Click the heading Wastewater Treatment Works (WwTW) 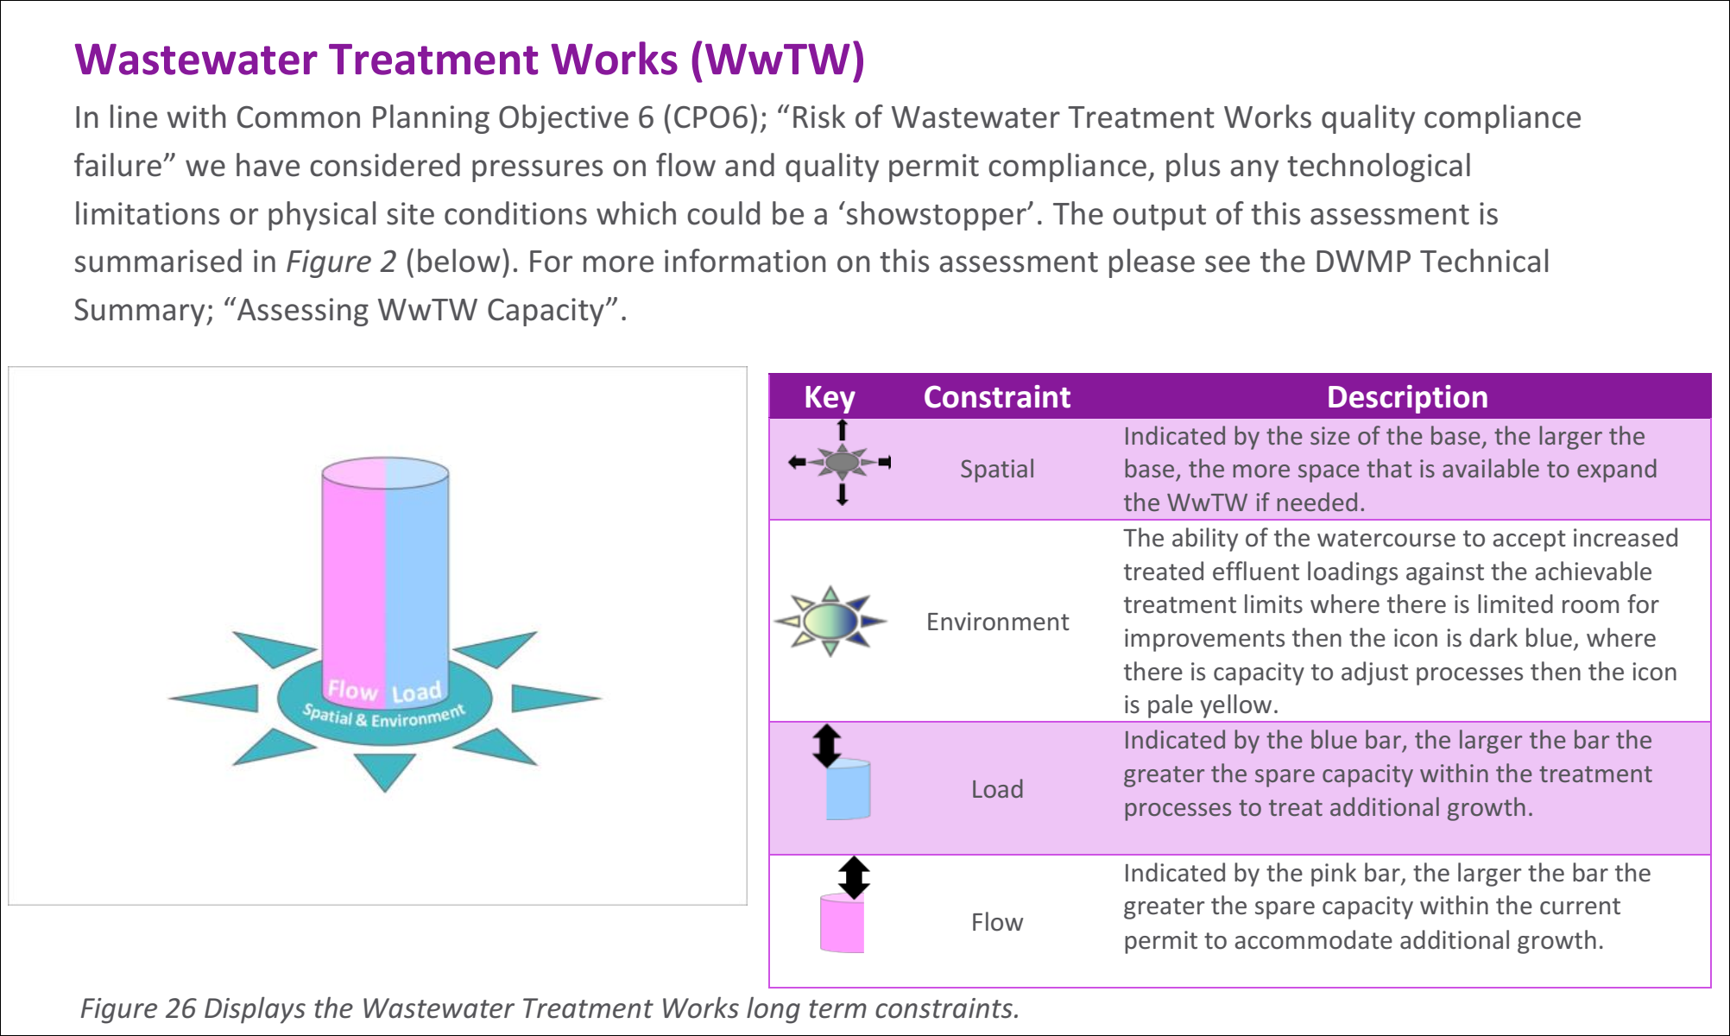point(470,60)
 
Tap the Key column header point(829,397)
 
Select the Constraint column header point(996,397)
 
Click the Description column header point(1406,397)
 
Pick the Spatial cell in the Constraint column point(996,469)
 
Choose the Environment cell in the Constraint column point(997,622)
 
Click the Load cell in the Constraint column point(997,789)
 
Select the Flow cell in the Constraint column point(997,922)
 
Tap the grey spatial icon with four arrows point(841,463)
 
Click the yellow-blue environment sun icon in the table point(830,621)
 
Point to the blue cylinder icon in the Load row point(847,788)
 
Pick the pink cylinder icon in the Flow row point(842,923)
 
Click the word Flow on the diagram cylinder point(352,690)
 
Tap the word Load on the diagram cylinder point(416,692)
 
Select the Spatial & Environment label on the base point(383,716)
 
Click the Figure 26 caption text point(549,1008)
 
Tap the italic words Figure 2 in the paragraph point(341,262)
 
